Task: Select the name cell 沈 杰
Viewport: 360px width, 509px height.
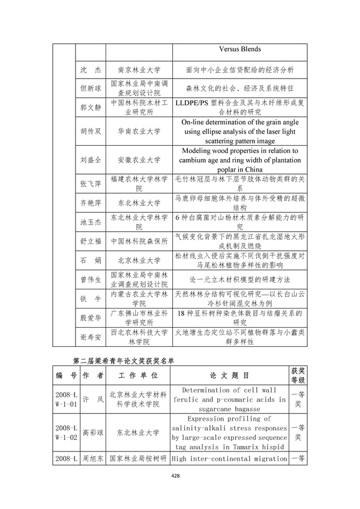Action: pyautogui.click(x=90, y=70)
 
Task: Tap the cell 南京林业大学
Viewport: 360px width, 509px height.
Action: pyautogui.click(x=139, y=70)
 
